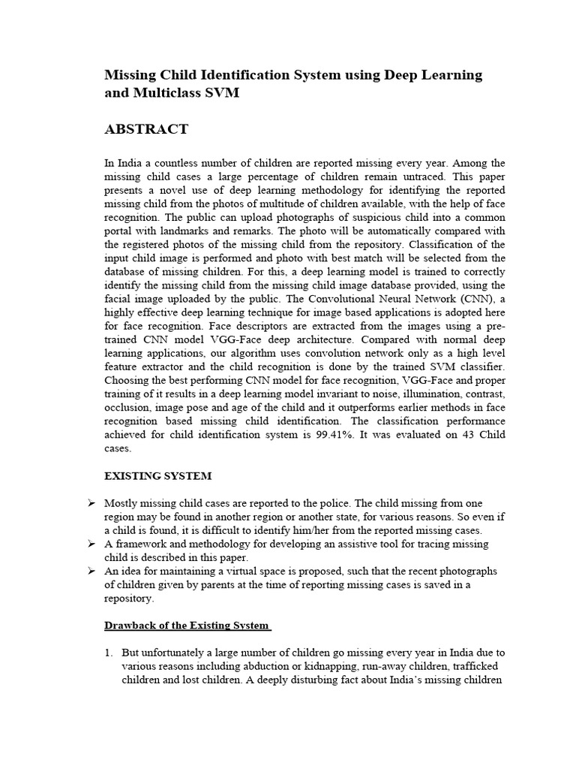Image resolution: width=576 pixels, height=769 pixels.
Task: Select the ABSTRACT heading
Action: point(146,129)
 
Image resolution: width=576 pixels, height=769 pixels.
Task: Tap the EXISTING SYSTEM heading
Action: point(157,475)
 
